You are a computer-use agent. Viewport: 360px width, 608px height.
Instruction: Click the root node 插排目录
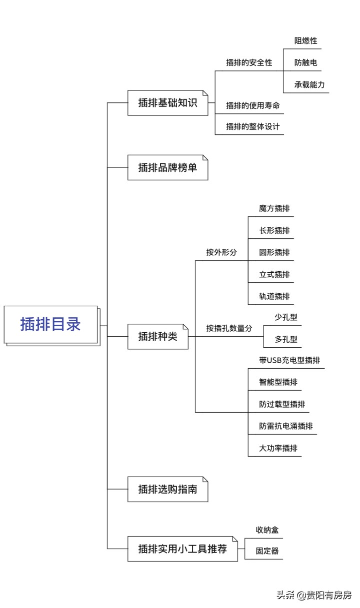click(x=50, y=324)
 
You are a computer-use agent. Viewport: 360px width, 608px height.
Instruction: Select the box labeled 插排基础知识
click(x=167, y=102)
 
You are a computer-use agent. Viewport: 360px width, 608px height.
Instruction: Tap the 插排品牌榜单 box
click(x=167, y=167)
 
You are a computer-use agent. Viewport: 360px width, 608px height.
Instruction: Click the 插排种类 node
click(x=157, y=336)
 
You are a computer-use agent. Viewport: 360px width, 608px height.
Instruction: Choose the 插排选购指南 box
click(x=167, y=489)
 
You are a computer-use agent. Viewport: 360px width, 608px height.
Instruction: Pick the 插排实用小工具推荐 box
click(x=182, y=549)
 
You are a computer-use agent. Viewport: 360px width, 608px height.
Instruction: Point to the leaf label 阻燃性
click(x=305, y=41)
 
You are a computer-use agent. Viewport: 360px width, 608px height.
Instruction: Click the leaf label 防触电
click(x=305, y=63)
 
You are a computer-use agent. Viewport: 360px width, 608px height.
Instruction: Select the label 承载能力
click(x=309, y=85)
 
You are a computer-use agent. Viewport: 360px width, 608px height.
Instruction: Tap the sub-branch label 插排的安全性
click(x=249, y=63)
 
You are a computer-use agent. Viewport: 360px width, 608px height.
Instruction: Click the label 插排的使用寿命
click(x=252, y=105)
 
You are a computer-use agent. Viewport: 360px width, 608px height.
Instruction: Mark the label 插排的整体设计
click(x=252, y=127)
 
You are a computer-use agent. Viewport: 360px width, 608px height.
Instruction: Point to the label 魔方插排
click(x=274, y=208)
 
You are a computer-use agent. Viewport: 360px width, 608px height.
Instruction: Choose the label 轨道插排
click(x=274, y=296)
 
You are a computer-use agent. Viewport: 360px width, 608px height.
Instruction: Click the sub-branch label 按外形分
click(x=221, y=252)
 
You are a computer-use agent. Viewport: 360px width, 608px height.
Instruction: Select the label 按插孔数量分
click(x=229, y=328)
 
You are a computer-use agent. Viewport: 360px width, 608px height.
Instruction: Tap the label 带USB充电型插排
click(x=289, y=360)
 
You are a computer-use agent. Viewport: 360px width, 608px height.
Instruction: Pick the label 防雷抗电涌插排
click(x=285, y=426)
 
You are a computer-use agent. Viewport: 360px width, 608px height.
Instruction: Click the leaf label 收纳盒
click(x=263, y=530)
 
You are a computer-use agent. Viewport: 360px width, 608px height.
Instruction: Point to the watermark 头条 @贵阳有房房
click(x=314, y=595)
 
